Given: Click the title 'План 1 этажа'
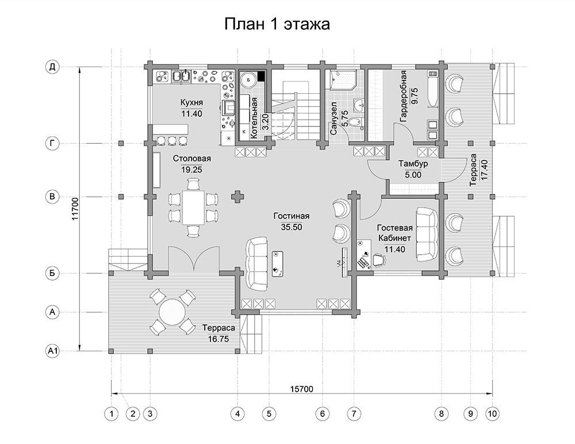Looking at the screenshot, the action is [277, 24].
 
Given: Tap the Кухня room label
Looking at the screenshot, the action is [191, 102].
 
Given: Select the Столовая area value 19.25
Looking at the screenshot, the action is [191, 170].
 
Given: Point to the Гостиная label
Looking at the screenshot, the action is [292, 216].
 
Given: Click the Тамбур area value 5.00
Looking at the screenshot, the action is [413, 175].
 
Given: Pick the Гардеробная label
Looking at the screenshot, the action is [404, 96].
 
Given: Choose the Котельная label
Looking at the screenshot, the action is [254, 118].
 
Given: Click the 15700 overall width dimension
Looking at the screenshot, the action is [302, 389].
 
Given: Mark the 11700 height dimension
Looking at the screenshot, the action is [75, 209].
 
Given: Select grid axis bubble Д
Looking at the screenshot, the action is [52, 67].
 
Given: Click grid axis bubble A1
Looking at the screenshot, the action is [52, 351].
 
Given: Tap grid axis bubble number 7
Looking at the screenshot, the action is [354, 414].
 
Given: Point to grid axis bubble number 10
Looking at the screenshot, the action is [492, 414].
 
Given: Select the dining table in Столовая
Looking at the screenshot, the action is [194, 207].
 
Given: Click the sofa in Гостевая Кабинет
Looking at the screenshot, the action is [427, 235].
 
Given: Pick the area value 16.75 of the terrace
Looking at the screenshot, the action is [218, 339].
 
